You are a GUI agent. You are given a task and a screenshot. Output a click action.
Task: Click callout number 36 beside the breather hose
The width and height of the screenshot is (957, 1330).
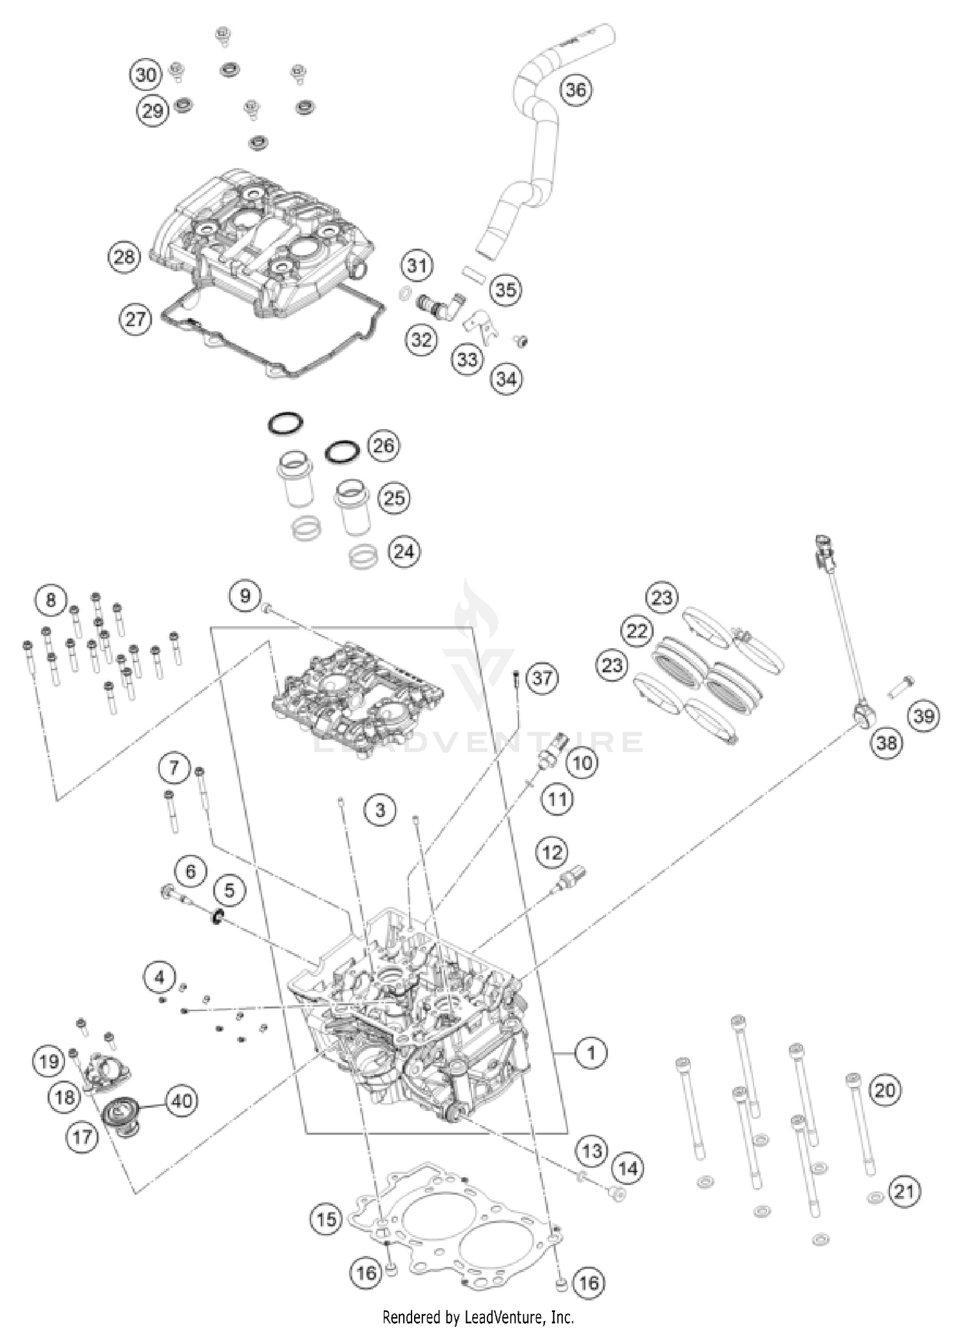(575, 89)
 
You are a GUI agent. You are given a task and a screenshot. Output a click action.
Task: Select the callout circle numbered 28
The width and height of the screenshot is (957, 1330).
(124, 257)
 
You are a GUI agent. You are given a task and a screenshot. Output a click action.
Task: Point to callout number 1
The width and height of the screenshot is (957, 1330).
(591, 1052)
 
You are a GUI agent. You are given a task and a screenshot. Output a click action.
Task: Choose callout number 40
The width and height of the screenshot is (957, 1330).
(181, 1100)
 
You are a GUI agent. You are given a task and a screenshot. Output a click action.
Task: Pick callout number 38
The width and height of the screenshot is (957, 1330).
(886, 743)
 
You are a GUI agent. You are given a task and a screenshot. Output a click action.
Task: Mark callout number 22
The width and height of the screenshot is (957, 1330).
(637, 631)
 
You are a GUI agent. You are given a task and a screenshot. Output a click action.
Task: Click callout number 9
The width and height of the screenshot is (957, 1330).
(245, 596)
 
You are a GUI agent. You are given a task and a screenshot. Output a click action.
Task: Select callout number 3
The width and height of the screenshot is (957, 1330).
(380, 810)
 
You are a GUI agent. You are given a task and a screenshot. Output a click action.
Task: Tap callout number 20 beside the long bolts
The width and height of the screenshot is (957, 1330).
(885, 1089)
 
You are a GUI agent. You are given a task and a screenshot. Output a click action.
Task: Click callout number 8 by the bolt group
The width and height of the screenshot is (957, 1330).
(50, 600)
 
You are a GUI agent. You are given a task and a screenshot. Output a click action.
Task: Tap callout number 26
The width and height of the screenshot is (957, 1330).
(383, 445)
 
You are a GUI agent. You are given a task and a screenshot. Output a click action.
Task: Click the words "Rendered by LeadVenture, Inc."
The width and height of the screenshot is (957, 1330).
(478, 1317)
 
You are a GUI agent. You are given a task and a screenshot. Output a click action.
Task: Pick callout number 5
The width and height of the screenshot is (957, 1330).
(229, 889)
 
